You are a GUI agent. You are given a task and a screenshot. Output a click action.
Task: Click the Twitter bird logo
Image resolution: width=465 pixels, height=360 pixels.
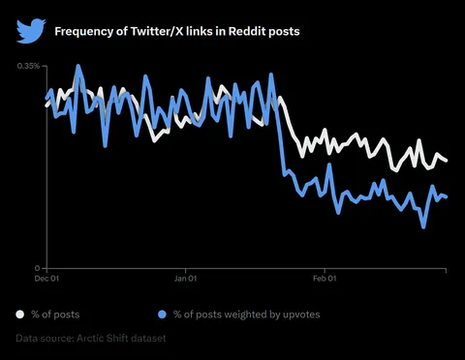pos(29,31)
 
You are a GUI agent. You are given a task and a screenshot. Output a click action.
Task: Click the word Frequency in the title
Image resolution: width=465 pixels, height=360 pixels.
pos(81,32)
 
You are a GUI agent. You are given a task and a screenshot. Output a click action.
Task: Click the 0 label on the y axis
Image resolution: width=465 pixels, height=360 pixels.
pos(37,268)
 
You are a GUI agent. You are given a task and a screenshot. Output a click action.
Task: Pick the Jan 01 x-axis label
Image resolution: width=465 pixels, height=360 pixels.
pos(186,279)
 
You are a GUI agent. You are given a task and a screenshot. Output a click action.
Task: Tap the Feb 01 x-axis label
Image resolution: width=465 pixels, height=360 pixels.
pos(324,279)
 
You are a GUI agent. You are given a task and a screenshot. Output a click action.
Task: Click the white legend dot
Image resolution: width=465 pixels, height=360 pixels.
pos(20,315)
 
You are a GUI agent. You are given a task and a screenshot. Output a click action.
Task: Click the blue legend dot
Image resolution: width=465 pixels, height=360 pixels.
pos(161,315)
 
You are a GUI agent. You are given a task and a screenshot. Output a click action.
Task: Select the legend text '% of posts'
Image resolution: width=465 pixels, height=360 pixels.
pos(55,315)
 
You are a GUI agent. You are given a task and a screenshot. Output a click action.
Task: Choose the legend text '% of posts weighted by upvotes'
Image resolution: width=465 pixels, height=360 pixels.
pos(246,315)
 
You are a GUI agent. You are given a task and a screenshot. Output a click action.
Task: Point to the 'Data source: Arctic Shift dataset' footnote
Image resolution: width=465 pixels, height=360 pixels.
pos(90,339)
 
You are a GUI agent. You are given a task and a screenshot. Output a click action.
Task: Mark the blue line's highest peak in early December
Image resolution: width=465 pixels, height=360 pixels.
pos(78,66)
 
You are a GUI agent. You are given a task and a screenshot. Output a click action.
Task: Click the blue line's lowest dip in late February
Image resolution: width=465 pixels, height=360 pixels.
pos(423,227)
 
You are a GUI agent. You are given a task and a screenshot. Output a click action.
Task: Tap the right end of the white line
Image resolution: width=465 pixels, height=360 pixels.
pos(446,161)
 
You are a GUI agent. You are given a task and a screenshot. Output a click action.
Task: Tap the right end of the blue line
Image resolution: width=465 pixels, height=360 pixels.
pos(446,197)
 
